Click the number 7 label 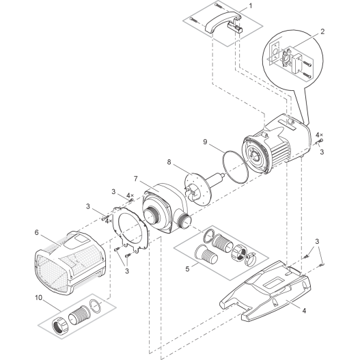pos(137,178)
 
